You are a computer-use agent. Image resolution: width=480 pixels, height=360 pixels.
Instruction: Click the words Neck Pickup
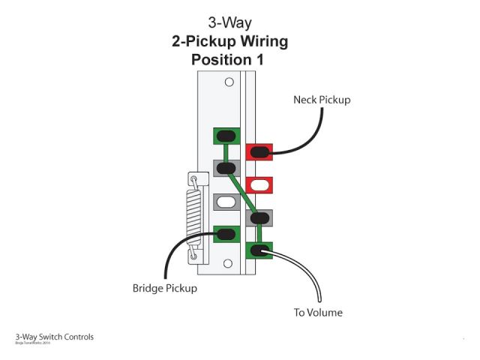click(x=322, y=100)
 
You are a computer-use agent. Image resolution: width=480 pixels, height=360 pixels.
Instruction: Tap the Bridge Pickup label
click(x=164, y=288)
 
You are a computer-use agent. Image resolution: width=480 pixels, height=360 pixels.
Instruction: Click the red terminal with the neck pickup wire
click(x=259, y=153)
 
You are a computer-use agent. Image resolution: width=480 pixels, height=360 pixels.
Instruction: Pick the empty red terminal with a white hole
click(x=259, y=184)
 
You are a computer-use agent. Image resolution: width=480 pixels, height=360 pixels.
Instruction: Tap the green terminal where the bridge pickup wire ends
click(x=226, y=234)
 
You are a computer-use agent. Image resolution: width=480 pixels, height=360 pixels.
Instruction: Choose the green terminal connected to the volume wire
click(x=259, y=250)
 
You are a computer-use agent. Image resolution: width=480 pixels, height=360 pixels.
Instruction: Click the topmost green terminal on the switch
click(x=226, y=136)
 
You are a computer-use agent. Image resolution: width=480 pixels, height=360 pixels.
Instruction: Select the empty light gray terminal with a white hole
click(x=226, y=201)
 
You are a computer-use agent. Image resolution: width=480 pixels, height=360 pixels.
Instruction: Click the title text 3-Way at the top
click(x=229, y=22)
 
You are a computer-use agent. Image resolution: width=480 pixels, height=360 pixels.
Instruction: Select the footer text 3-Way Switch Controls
click(x=55, y=337)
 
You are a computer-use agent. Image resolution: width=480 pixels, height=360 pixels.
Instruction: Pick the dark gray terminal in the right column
click(x=259, y=218)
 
